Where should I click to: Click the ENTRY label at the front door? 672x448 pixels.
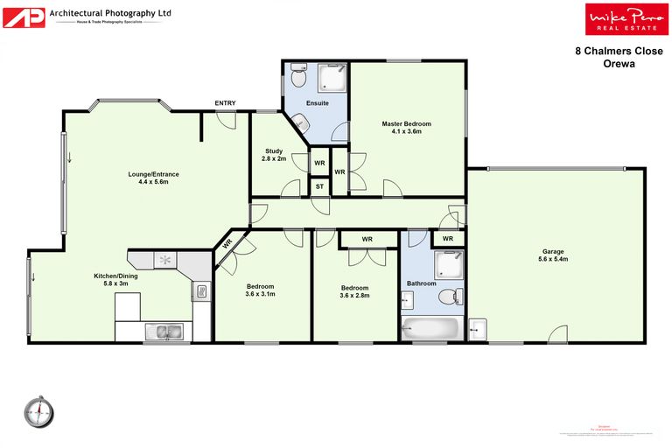tap(225, 103)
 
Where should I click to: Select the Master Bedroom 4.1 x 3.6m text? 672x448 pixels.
tap(406, 128)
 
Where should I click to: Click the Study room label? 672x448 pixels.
tap(275, 155)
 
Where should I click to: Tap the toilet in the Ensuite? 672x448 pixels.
tap(297, 79)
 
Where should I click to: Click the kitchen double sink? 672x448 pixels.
tap(164, 330)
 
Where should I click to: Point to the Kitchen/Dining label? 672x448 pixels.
tap(116, 281)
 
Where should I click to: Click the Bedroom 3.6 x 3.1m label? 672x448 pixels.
tap(260, 290)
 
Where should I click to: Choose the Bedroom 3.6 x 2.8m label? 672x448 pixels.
tap(354, 291)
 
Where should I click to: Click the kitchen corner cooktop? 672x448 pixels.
tap(164, 260)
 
